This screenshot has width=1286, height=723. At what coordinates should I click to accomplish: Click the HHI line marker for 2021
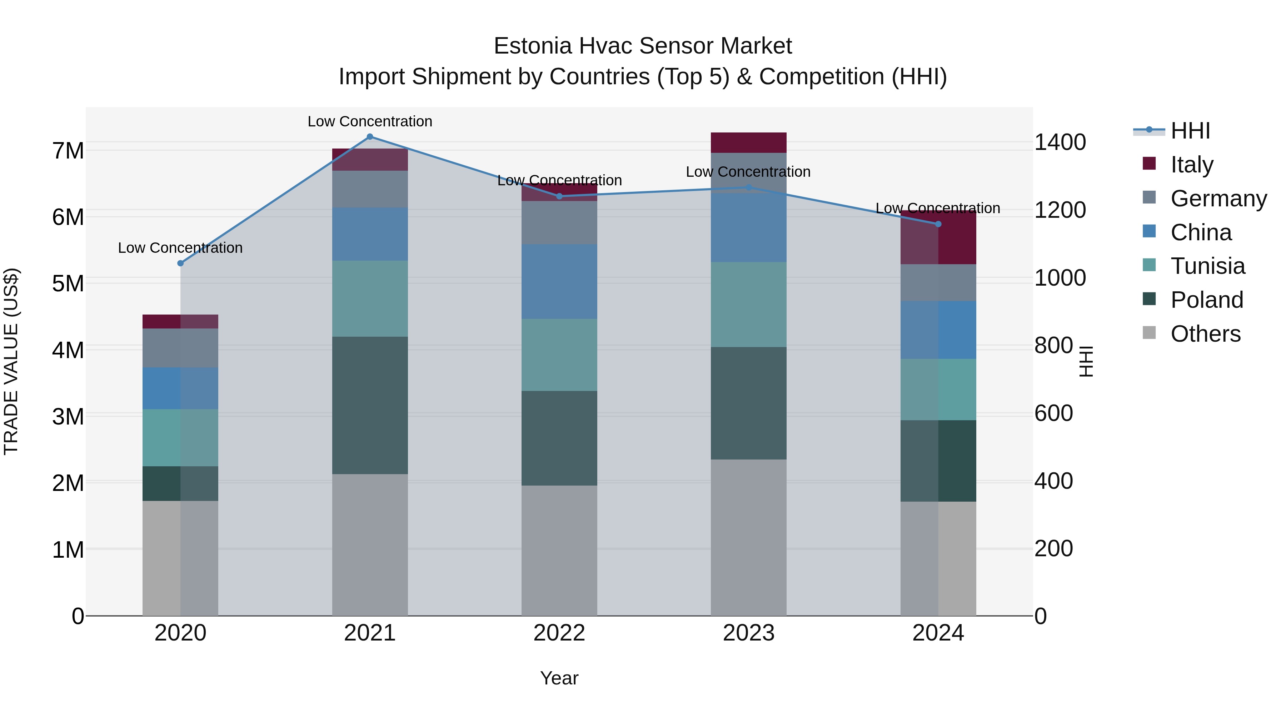370,137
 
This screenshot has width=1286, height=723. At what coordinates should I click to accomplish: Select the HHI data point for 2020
181,263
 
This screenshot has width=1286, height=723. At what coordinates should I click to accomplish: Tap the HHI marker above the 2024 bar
938,224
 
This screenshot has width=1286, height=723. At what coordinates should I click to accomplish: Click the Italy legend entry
1192,164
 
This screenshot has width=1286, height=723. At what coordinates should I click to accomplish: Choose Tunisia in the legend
1207,266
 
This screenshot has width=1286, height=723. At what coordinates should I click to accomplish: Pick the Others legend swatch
1149,333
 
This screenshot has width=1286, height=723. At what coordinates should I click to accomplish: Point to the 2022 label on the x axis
559,633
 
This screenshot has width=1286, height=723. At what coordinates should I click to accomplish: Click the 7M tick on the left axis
68,151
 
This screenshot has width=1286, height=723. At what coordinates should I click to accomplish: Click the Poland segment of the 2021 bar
370,405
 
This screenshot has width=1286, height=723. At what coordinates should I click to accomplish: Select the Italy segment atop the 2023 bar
748,143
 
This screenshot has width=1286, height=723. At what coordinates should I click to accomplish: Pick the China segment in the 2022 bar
559,281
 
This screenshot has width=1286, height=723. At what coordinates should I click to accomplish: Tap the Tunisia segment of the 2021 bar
370,298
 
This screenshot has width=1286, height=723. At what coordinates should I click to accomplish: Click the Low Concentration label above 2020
180,248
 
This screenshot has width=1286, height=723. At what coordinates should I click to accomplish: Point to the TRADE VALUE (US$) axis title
11,361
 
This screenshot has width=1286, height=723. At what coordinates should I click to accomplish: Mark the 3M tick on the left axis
68,417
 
